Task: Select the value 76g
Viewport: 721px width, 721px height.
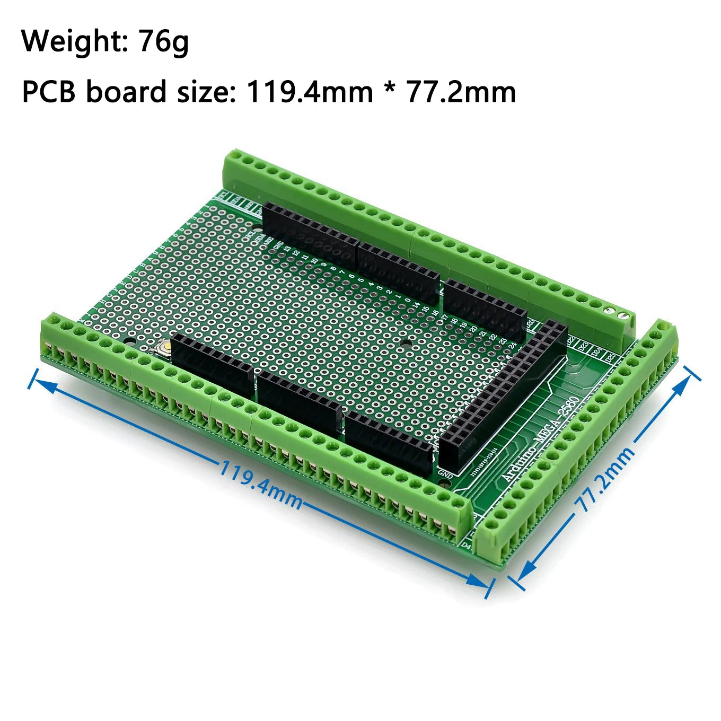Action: pos(163,41)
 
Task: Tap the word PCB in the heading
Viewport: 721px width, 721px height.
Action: pos(48,91)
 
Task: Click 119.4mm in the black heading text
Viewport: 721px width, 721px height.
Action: pos(310,91)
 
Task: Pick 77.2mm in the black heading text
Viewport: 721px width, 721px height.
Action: pos(461,91)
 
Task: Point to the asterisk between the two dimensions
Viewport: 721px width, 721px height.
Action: pos(390,87)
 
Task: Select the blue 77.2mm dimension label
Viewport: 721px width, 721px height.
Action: pos(605,480)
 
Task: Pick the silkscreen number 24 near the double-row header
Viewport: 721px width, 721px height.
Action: pos(512,345)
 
